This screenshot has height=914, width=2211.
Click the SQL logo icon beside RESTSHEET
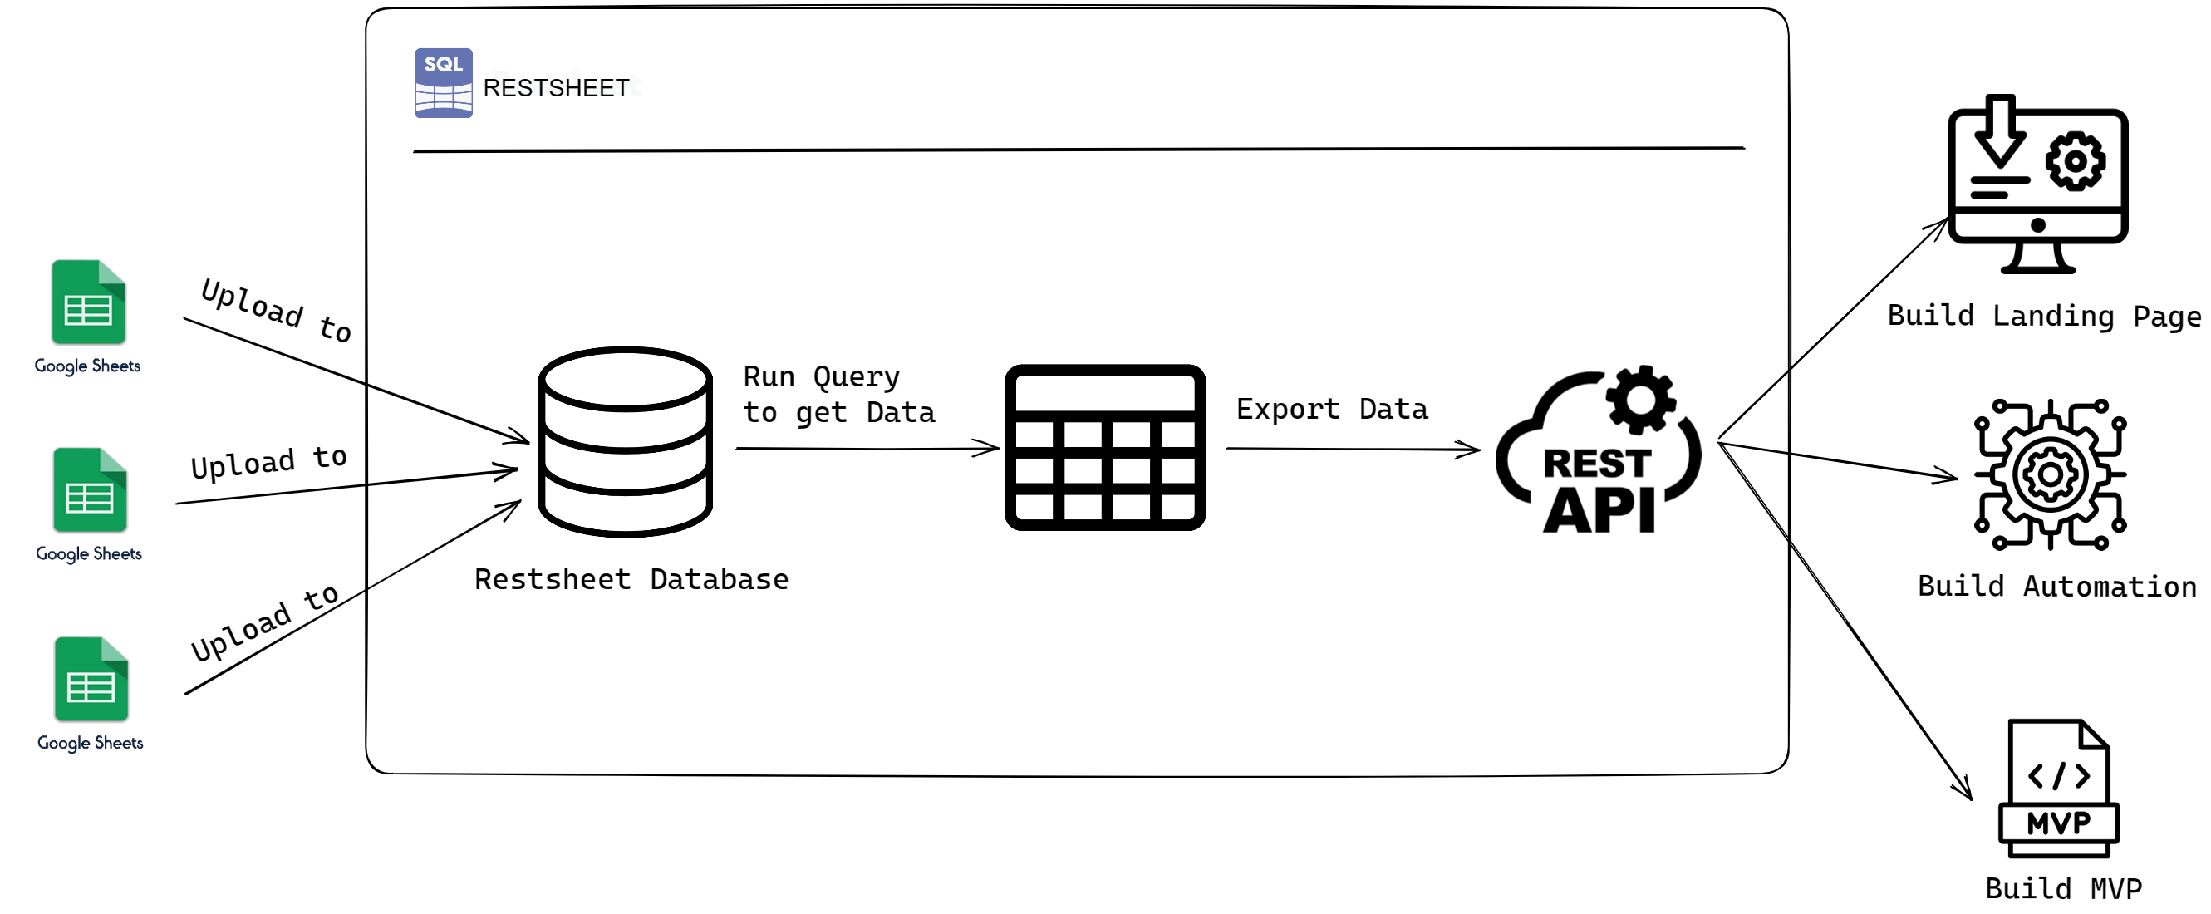tap(443, 82)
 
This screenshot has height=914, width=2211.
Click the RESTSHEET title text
tap(556, 87)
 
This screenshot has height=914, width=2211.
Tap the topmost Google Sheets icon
tap(88, 302)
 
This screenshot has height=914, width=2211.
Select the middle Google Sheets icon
tap(90, 490)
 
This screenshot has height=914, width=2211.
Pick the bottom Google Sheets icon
tap(91, 679)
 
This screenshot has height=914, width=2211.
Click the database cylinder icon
tap(626, 442)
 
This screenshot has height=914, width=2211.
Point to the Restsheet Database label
tap(631, 579)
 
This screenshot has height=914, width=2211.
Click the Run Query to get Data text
tap(838, 395)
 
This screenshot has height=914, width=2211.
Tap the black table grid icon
tap(1104, 447)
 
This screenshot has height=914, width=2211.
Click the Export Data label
tap(1331, 409)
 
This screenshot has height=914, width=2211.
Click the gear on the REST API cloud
tap(1640, 399)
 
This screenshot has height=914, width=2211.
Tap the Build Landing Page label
tap(2043, 316)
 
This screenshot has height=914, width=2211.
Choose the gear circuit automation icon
tap(2050, 474)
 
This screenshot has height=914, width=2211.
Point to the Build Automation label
tap(2056, 586)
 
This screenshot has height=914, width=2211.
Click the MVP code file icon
tap(2058, 788)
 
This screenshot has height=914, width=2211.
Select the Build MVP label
tap(2062, 888)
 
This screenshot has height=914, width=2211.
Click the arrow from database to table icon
tap(867, 448)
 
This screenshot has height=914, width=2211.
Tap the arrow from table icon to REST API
tap(1352, 448)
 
